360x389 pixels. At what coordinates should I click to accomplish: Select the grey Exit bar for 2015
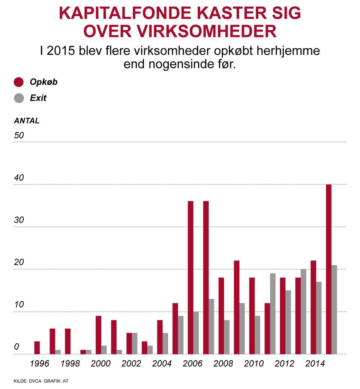[x=334, y=310]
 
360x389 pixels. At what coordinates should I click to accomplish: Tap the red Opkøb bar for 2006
[x=190, y=277]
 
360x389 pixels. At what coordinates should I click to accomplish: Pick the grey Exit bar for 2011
[x=273, y=314]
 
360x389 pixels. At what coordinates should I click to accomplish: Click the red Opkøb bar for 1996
[x=37, y=348]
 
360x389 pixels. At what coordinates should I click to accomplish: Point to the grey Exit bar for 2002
[x=135, y=343]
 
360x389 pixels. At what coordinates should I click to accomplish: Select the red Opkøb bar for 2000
[x=98, y=335]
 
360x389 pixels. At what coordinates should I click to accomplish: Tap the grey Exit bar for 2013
[x=303, y=311]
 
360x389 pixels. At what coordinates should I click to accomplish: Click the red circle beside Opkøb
[x=19, y=82]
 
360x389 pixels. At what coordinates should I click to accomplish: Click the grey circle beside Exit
[x=19, y=98]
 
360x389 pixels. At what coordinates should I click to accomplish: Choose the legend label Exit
[x=38, y=98]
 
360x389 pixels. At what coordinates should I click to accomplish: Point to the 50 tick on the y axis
[x=19, y=135]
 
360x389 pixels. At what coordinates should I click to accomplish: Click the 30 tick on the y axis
[x=19, y=220]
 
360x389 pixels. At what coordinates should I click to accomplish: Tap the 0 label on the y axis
[x=16, y=347]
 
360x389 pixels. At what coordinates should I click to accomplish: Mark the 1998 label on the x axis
[x=70, y=364]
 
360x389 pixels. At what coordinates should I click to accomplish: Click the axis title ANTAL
[x=27, y=121]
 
